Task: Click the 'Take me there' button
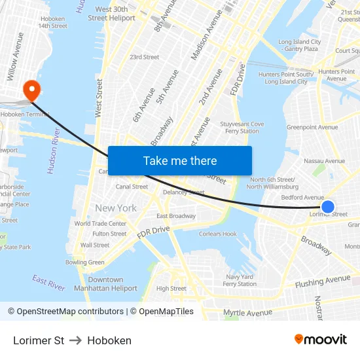(180, 161)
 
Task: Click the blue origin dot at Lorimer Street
(329, 207)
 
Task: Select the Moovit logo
(320, 340)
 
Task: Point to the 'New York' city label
(116, 208)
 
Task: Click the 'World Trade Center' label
(100, 223)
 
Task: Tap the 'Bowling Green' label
(84, 262)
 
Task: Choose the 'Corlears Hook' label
(218, 234)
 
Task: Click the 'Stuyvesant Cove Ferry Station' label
(242, 127)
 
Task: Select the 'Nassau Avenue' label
(324, 161)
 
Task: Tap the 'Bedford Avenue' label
(302, 197)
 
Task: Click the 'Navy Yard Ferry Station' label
(240, 280)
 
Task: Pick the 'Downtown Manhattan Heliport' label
(105, 284)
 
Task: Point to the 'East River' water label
(48, 283)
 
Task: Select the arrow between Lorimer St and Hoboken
(75, 340)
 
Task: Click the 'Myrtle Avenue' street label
(247, 313)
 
